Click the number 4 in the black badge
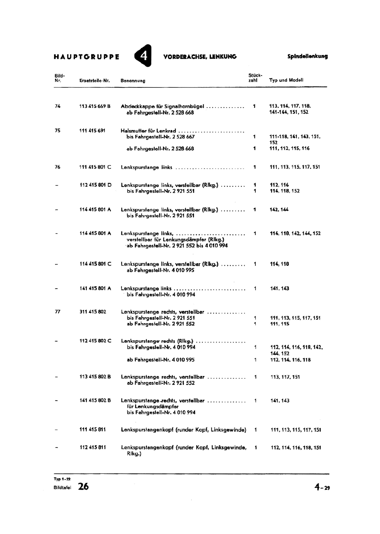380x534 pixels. pyautogui.click(x=143, y=56)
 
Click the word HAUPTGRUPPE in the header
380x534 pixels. pyautogui.click(x=86, y=57)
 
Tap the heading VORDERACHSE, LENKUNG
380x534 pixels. pyautogui.click(x=200, y=57)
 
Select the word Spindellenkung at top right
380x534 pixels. pyautogui.click(x=307, y=56)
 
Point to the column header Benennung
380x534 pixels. pyautogui.click(x=133, y=80)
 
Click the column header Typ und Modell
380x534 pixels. pyautogui.click(x=286, y=80)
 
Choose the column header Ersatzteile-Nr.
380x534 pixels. pyautogui.click(x=95, y=80)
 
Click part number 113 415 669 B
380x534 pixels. pyautogui.click(x=95, y=106)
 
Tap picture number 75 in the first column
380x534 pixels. pyautogui.click(x=57, y=131)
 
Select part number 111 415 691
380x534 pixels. pyautogui.click(x=92, y=131)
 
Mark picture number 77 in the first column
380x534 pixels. pyautogui.click(x=57, y=312)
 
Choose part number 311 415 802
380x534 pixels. pyautogui.click(x=92, y=312)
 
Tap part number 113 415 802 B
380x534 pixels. pyautogui.click(x=95, y=377)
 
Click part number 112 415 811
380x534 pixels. pyautogui.click(x=92, y=447)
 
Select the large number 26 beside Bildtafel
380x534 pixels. pyautogui.click(x=83, y=487)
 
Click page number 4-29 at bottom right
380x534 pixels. pyautogui.click(x=322, y=487)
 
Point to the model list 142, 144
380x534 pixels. pyautogui.click(x=279, y=210)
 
